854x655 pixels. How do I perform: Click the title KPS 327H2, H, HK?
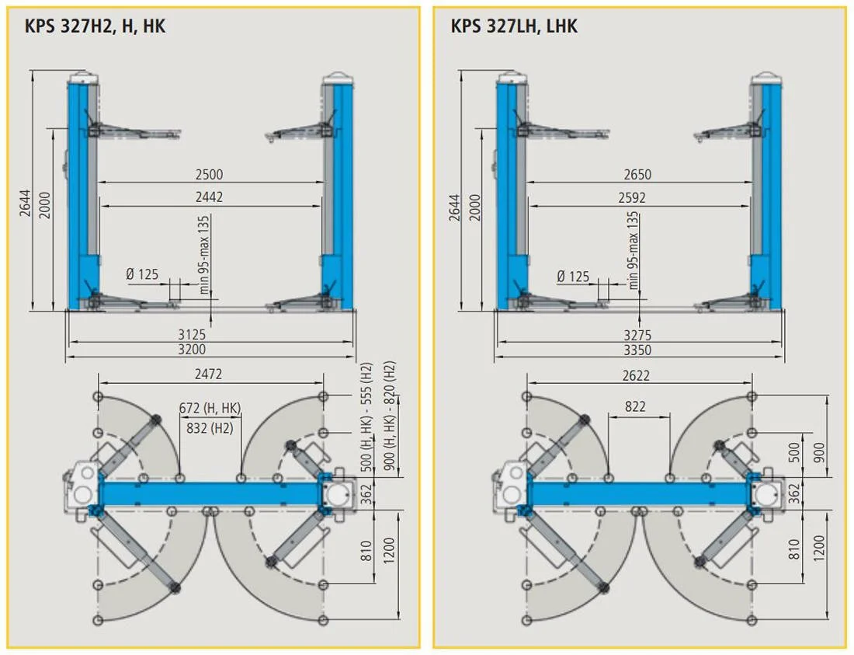[x=95, y=26]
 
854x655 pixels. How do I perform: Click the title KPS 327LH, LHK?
[x=514, y=26]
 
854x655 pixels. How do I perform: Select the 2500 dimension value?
[x=209, y=174]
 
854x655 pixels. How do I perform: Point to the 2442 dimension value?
[x=209, y=197]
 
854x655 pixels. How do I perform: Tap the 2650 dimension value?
[x=637, y=174]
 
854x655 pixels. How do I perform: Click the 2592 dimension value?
[x=632, y=197]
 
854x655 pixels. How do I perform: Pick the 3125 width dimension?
[x=192, y=334]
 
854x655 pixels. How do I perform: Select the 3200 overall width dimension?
[x=192, y=350]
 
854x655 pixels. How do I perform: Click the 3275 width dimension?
[x=637, y=335]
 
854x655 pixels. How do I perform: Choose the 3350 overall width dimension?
[x=637, y=350]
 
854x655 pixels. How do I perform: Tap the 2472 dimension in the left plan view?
[x=209, y=374]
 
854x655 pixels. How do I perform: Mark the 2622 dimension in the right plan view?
[x=636, y=375]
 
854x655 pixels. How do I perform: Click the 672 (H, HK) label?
[x=210, y=408]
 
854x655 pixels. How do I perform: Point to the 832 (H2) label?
[x=210, y=428]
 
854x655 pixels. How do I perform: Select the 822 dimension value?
[x=635, y=406]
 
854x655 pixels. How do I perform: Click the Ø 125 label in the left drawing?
[x=142, y=273]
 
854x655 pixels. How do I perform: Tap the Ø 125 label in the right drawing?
[x=573, y=277]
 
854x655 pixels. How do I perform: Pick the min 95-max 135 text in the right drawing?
[x=633, y=251]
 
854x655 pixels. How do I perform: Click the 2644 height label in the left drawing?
[x=26, y=204]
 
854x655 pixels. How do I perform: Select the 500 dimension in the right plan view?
[x=795, y=453]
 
